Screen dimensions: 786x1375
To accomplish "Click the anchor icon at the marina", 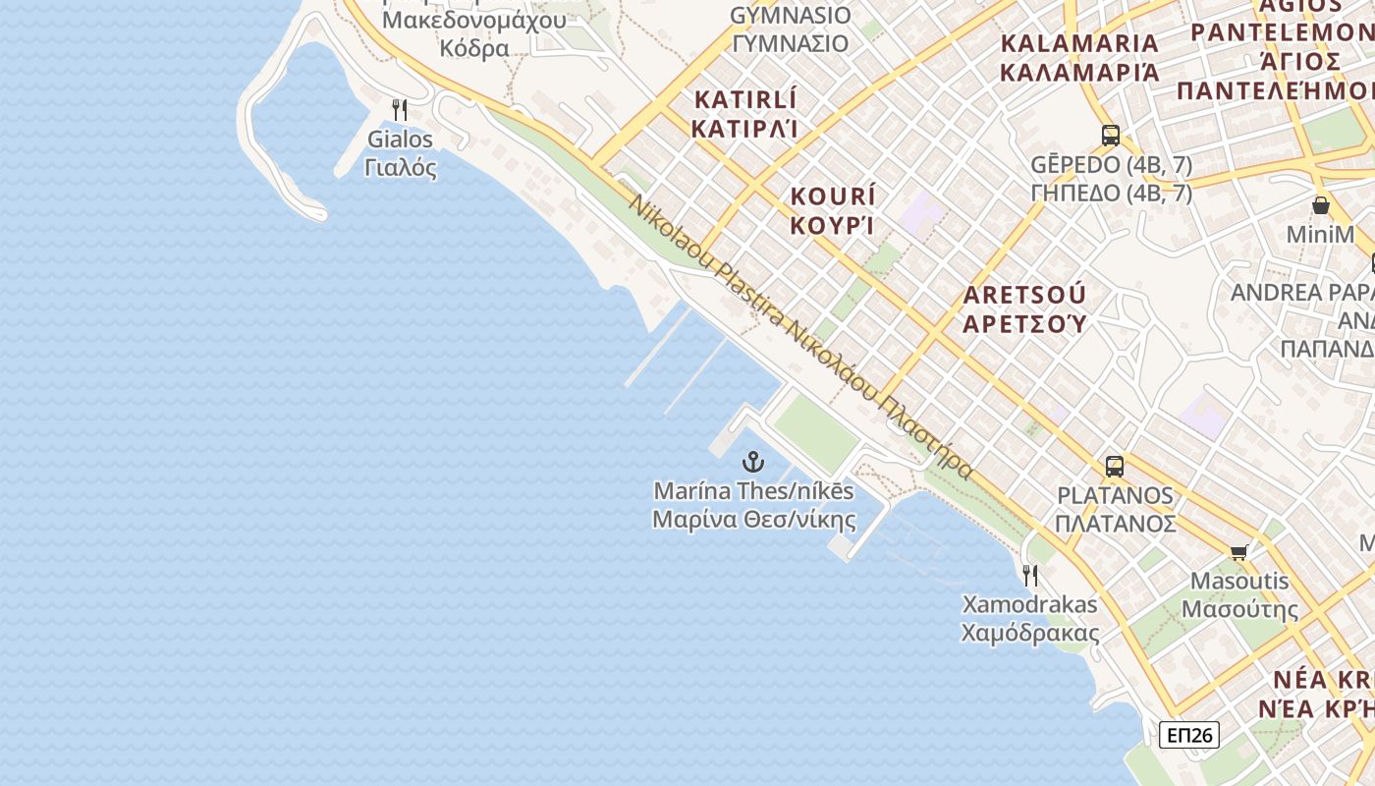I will pos(753,461).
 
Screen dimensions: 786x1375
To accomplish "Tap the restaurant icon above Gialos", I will pos(400,109).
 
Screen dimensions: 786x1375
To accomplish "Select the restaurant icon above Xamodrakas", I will pos(1030,575).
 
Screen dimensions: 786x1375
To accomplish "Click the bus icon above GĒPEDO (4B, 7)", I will pos(1111,136).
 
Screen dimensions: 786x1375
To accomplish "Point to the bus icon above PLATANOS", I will pos(1115,466).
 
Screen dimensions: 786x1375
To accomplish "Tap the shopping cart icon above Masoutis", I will pos(1239,552).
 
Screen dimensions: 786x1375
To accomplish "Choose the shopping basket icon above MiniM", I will pos(1321,206).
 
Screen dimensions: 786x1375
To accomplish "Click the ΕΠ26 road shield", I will pos(1188,735).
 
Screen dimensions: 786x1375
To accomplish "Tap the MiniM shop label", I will pos(1321,235).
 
